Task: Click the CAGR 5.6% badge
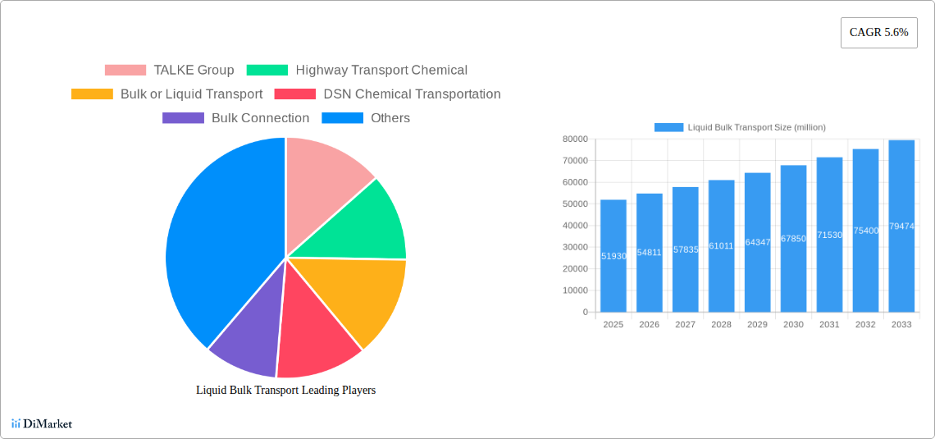click(x=878, y=33)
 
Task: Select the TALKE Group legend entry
click(x=170, y=71)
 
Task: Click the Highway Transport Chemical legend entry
click(x=357, y=71)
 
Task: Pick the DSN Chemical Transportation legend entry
click(x=387, y=94)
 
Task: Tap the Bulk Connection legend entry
click(x=236, y=118)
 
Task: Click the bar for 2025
click(x=613, y=256)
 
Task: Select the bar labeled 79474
click(x=901, y=226)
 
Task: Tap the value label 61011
click(x=721, y=246)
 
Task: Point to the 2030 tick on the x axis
click(x=793, y=325)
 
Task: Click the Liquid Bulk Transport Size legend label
click(x=755, y=127)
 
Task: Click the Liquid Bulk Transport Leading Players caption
click(x=285, y=391)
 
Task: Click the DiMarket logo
click(x=42, y=424)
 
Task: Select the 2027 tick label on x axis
click(x=685, y=325)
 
